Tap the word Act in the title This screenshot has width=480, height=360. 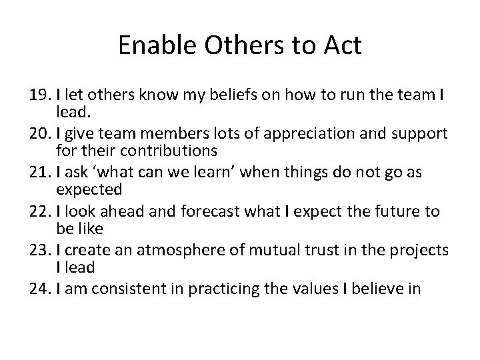[340, 46]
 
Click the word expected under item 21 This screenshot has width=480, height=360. [89, 189]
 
